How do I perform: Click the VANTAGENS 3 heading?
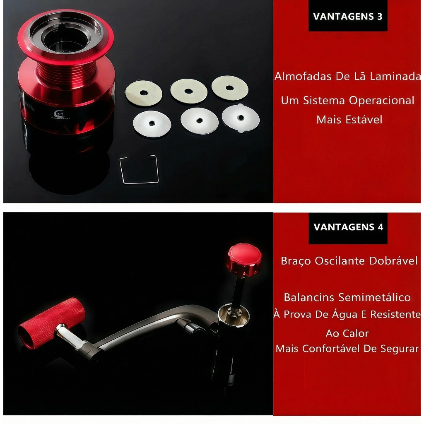click(348, 17)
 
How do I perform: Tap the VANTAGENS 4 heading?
click(348, 227)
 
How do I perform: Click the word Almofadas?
click(303, 76)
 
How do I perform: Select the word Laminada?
click(395, 76)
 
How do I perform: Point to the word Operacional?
click(381, 101)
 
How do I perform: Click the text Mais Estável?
click(349, 120)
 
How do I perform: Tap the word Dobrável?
click(393, 261)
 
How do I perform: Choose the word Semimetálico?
click(374, 297)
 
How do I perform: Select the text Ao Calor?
click(347, 333)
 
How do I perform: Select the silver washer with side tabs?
click(241, 118)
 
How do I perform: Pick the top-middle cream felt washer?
click(189, 91)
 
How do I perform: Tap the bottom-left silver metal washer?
click(152, 123)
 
